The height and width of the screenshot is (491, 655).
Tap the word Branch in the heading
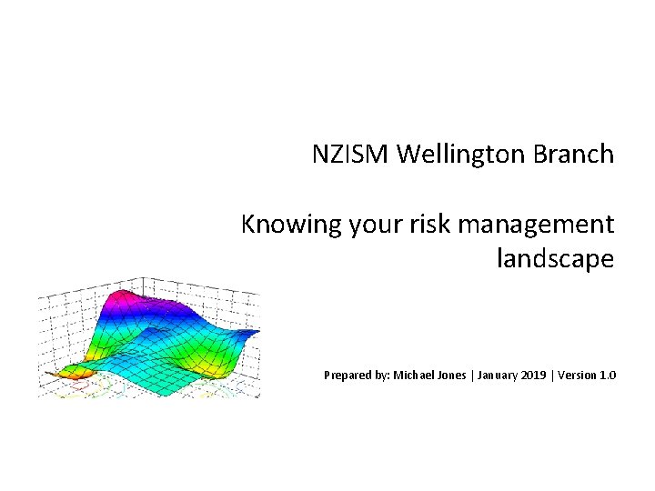point(575,155)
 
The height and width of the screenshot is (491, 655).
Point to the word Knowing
point(291,224)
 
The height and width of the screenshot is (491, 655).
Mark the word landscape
point(555,259)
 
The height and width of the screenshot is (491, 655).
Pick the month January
point(502,375)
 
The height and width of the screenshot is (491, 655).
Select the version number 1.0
point(609,375)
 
